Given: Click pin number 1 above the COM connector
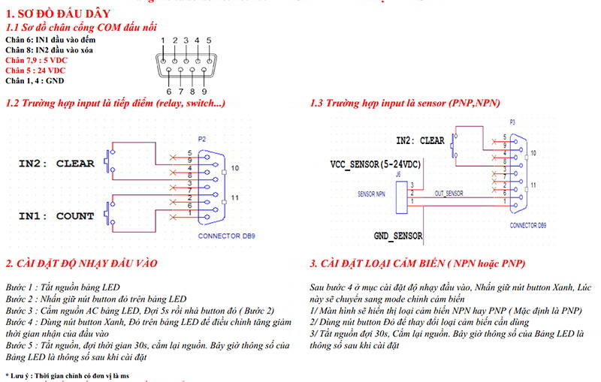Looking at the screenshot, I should click(x=163, y=40).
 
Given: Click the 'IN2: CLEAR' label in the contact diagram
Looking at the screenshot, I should click(x=56, y=163).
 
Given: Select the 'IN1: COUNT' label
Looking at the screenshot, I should click(x=56, y=216).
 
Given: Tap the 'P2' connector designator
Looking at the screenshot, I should click(x=201, y=140).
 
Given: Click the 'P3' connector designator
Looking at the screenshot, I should click(x=512, y=121).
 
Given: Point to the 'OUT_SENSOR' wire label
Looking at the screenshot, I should click(x=449, y=194).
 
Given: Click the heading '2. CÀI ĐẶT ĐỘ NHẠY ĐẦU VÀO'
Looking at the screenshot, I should click(x=82, y=263).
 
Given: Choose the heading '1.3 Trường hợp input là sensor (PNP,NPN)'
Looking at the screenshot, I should click(x=405, y=103).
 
